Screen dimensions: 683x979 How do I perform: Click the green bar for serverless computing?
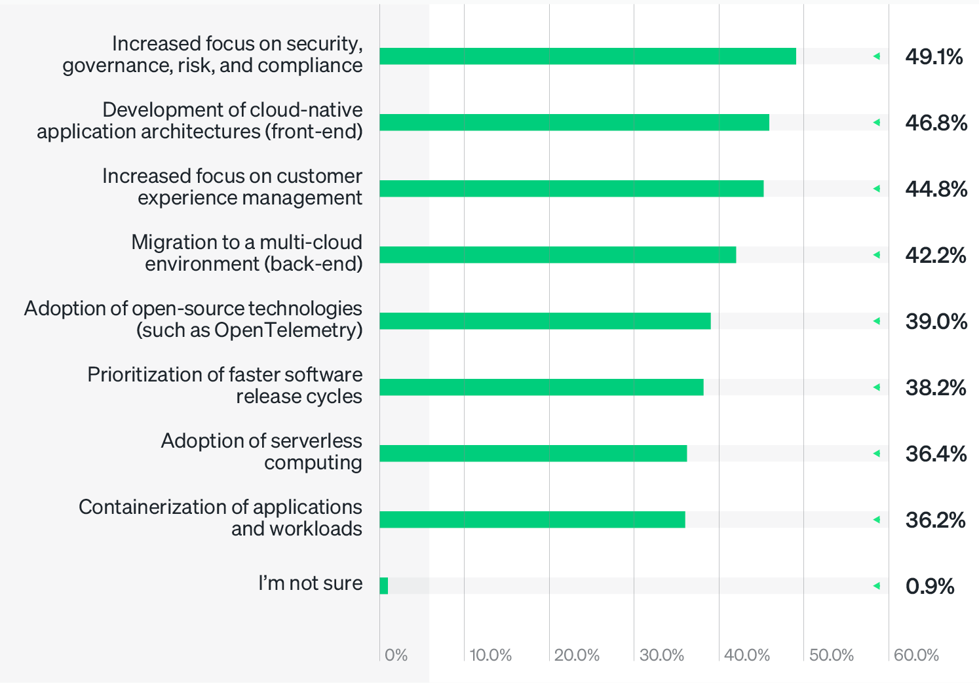click(533, 453)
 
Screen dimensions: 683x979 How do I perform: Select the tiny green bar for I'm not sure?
click(384, 585)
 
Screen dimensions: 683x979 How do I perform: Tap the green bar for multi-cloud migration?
click(557, 254)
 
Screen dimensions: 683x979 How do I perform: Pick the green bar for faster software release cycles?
click(541, 387)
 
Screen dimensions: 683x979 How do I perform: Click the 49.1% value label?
click(934, 57)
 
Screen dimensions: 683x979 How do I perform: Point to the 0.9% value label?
click(929, 586)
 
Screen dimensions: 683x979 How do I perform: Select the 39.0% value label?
click(936, 321)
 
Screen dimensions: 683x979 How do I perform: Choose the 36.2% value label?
click(935, 520)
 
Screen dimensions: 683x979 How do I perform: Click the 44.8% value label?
click(936, 189)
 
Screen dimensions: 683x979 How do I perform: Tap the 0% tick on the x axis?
click(396, 655)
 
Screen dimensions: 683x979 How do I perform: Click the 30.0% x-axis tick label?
click(661, 655)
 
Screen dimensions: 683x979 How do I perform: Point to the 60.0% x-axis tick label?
click(916, 655)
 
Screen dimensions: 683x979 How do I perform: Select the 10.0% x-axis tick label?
click(491, 655)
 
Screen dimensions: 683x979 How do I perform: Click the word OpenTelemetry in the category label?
click(288, 330)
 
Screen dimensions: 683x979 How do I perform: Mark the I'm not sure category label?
click(310, 583)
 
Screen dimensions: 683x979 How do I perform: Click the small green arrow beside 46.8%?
click(876, 123)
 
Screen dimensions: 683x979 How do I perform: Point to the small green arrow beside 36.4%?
click(876, 454)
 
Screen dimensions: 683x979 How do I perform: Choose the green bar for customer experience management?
click(571, 188)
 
